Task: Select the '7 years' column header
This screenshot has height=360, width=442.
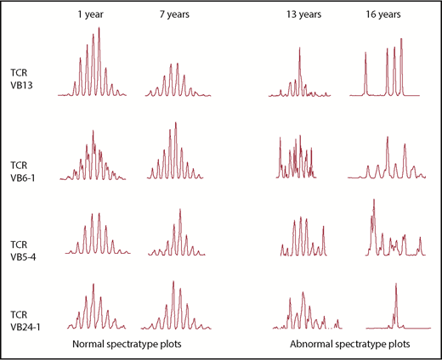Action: coord(174,15)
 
